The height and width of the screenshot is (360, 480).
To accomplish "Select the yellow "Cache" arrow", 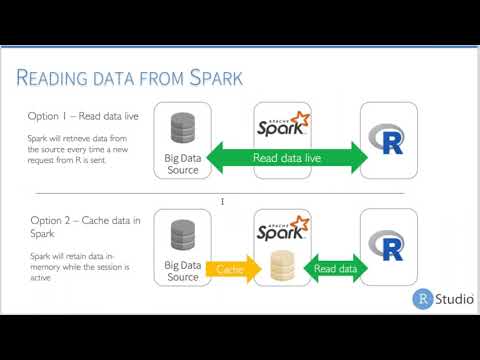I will (x=229, y=268).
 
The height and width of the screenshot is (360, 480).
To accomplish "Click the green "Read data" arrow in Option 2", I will (x=335, y=268).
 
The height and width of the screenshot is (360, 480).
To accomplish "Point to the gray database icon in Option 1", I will (x=183, y=127).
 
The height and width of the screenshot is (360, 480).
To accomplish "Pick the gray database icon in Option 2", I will (x=183, y=235).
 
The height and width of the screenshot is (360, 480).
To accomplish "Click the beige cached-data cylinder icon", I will (x=281, y=266).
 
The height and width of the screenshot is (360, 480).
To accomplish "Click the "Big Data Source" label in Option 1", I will (x=183, y=162).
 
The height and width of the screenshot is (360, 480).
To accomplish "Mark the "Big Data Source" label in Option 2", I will (x=183, y=270).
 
